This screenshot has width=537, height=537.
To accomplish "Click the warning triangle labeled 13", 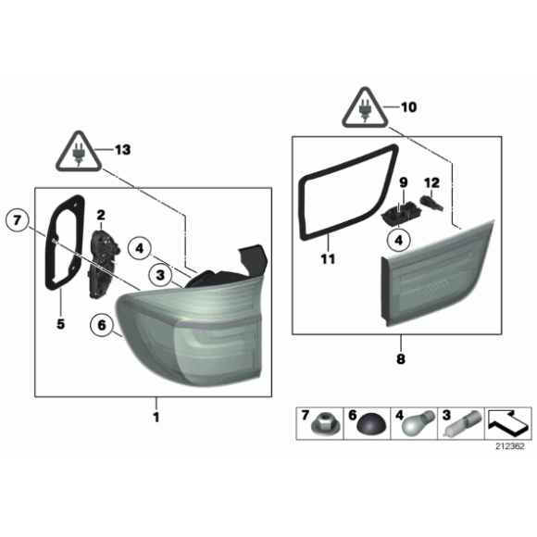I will pyautogui.click(x=76, y=152).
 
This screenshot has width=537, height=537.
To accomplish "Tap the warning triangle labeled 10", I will pyautogui.click(x=368, y=110).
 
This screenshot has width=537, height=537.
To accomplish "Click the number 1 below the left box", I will pyautogui.click(x=156, y=418).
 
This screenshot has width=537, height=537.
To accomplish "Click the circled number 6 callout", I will pyautogui.click(x=100, y=325).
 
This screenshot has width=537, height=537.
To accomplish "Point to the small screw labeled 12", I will pyautogui.click(x=430, y=200).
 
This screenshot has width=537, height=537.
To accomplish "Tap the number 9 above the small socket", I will pyautogui.click(x=404, y=182).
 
